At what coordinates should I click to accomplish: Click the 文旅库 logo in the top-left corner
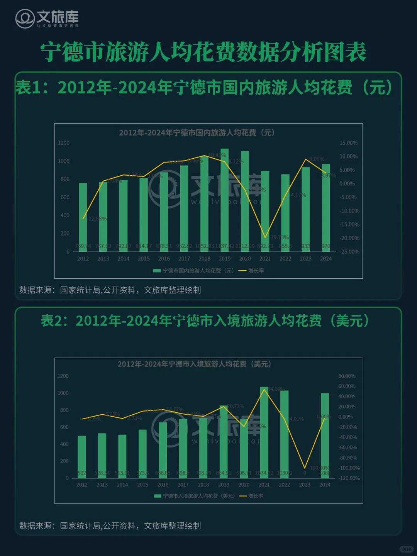point(47,19)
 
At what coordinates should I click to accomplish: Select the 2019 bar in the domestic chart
point(224,195)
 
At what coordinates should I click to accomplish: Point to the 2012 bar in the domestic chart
point(83,212)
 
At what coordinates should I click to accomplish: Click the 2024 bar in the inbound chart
point(325,436)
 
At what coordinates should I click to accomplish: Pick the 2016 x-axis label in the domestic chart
point(164,259)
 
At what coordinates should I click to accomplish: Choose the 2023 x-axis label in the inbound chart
point(305,485)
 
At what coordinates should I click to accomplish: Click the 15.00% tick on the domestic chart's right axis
point(348,143)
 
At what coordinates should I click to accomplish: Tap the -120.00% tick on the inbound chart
point(349,478)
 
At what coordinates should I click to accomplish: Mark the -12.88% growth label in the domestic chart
point(97,219)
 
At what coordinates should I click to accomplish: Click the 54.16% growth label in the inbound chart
point(276,389)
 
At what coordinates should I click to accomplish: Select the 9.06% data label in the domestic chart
point(317,159)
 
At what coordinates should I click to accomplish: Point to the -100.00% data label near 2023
point(319,468)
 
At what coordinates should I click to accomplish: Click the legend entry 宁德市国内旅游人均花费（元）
point(194,271)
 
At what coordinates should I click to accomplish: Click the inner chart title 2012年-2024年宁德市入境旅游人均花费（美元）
point(194,364)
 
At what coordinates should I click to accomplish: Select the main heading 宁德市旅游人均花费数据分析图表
point(203,52)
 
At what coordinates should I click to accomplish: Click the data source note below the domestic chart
point(110,290)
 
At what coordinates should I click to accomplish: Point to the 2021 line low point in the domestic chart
point(265,237)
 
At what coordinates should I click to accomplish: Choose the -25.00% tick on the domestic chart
point(349,252)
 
